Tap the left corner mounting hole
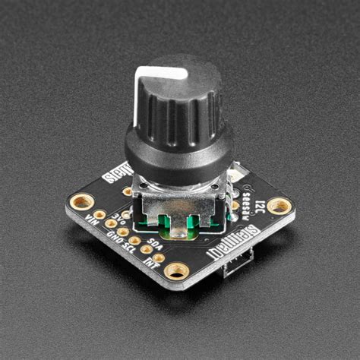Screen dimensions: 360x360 tap(82, 201)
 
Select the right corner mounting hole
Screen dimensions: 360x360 tap(279, 205)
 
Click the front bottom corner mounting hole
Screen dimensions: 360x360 tap(177, 270)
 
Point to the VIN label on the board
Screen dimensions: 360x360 tap(93, 220)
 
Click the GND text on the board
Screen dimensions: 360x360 tap(116, 236)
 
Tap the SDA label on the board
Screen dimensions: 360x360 tap(154, 245)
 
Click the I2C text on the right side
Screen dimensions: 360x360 tap(261, 204)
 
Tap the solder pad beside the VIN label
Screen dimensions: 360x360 tap(99, 214)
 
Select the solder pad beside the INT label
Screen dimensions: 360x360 tap(159, 257)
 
